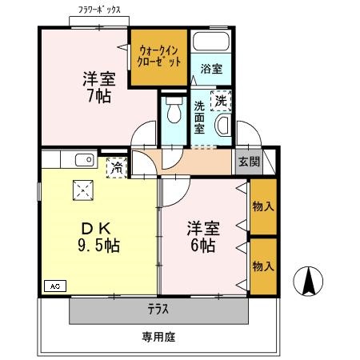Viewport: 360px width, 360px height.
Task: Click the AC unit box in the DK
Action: [55, 286]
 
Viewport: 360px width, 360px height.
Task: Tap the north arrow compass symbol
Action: [308, 281]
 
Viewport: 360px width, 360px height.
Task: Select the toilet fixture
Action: [174, 110]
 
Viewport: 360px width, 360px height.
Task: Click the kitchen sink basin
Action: [85, 160]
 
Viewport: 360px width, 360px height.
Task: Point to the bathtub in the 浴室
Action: [211, 42]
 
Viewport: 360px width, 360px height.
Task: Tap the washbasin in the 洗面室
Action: [223, 125]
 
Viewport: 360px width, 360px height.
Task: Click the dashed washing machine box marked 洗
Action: [221, 101]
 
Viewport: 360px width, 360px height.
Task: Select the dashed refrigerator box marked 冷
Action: [117, 168]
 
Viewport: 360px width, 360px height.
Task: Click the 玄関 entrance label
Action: [249, 162]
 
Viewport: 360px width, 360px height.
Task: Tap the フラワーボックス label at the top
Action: [99, 10]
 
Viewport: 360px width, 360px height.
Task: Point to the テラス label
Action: [158, 310]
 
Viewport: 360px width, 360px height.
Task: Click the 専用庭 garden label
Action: [158, 337]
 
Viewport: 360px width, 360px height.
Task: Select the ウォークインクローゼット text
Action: [159, 56]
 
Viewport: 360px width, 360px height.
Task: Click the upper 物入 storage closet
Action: [263, 206]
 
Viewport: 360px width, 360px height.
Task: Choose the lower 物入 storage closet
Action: [263, 266]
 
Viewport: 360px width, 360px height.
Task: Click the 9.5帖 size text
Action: [99, 246]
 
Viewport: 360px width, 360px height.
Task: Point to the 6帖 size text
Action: [203, 246]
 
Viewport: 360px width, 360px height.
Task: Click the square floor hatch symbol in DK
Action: [83, 190]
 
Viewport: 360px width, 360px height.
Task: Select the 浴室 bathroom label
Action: [211, 69]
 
